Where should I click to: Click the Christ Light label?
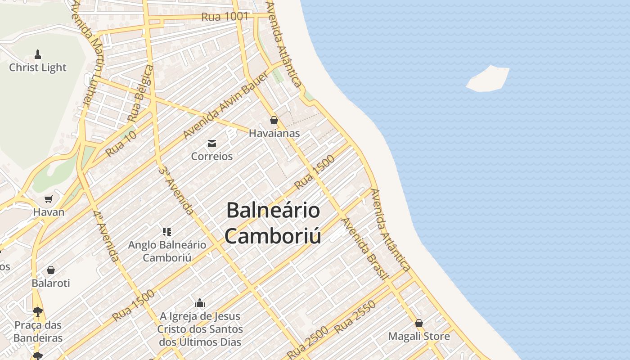[x=38, y=67]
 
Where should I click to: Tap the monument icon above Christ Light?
[x=38, y=54]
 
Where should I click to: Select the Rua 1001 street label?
[x=225, y=17]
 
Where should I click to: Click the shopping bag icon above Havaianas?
[x=274, y=120]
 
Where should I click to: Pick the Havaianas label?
[x=274, y=133]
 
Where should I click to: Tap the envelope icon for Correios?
[x=211, y=144]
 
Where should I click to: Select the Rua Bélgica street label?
[x=140, y=93]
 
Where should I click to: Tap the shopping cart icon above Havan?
[x=49, y=199]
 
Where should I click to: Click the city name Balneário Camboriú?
[x=273, y=223]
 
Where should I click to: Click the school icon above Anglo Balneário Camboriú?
[x=167, y=232]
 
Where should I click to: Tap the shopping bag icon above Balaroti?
[x=51, y=270]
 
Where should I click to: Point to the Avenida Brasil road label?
[x=365, y=249]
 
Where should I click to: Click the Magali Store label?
[x=419, y=336]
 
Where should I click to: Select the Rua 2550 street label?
[x=355, y=318]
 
